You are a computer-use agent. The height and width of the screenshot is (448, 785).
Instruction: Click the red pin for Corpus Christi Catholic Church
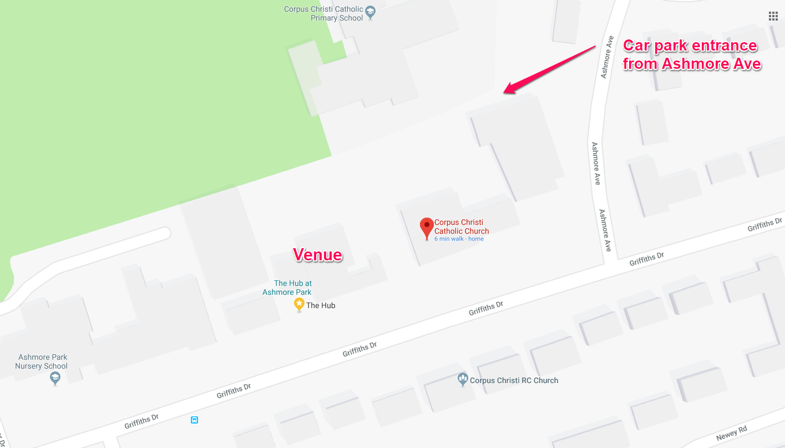(x=427, y=227)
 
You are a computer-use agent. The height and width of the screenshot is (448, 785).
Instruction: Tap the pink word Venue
(x=317, y=254)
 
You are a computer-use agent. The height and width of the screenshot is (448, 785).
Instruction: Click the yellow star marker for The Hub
(x=299, y=304)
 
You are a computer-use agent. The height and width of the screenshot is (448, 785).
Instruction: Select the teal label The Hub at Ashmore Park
(x=287, y=288)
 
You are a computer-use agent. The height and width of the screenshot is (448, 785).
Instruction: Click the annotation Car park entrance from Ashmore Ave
(x=691, y=54)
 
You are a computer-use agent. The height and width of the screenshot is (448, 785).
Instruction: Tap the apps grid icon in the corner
(x=773, y=16)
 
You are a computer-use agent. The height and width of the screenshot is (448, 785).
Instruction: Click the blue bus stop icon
(x=194, y=420)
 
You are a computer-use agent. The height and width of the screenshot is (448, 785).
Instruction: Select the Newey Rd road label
(x=731, y=432)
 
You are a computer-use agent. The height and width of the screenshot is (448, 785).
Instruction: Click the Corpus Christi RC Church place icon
(x=463, y=379)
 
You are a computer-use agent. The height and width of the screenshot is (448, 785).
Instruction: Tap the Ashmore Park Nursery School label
(x=42, y=361)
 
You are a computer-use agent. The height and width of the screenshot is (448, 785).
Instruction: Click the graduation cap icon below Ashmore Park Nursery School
(x=55, y=378)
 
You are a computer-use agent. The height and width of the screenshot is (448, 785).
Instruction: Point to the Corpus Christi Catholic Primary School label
(x=323, y=13)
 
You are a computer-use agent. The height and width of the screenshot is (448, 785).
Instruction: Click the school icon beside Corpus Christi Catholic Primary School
(x=371, y=12)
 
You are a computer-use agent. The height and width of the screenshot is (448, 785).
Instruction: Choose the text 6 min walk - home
(x=459, y=239)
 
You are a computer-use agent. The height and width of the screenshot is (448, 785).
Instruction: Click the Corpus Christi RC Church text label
(x=514, y=380)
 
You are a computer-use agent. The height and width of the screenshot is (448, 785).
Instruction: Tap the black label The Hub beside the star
(x=321, y=305)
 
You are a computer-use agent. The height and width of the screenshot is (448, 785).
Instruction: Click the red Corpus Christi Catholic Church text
(x=462, y=226)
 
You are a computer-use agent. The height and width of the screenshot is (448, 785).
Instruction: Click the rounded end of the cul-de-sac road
(x=164, y=234)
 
